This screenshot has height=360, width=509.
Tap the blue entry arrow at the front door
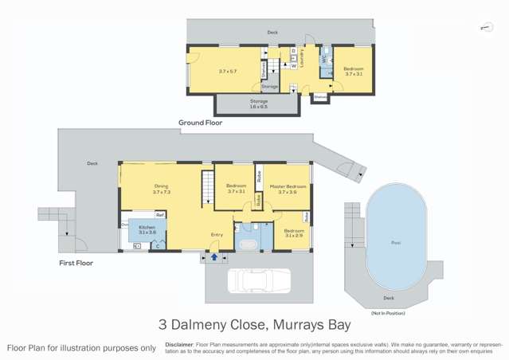(x=214, y=257)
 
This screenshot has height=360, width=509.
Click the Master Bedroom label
(x=288, y=189)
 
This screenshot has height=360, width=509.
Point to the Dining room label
(x=161, y=189)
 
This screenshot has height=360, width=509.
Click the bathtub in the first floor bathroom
(x=247, y=244)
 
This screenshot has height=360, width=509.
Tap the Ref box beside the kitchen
(x=159, y=215)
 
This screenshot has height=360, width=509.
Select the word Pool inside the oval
(x=396, y=242)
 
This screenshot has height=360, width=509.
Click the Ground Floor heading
(x=200, y=123)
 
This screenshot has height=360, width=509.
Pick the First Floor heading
(x=76, y=262)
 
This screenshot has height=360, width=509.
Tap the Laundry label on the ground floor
(x=302, y=57)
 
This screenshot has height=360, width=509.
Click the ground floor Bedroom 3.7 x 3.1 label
(x=353, y=71)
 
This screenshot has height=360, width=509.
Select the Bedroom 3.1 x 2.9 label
(x=293, y=233)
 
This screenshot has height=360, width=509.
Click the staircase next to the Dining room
(x=206, y=190)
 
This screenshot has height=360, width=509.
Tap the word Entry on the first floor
(x=217, y=234)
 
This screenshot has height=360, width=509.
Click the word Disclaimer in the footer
(x=178, y=344)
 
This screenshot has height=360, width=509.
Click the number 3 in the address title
(x=162, y=325)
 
